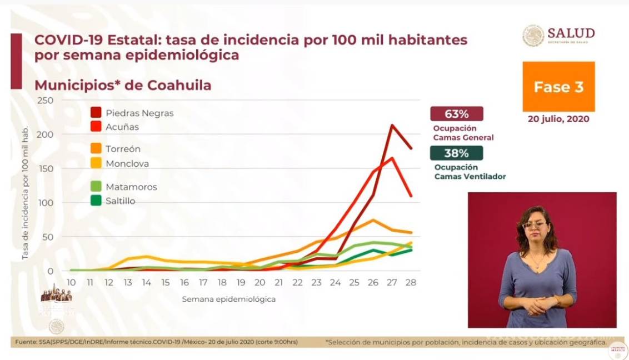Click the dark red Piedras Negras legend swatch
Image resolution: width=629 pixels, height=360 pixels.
(x=96, y=113)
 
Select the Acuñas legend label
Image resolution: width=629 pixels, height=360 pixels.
(x=122, y=127)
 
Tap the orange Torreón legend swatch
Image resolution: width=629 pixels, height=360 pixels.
(x=96, y=149)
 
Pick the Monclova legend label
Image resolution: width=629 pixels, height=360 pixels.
(x=127, y=163)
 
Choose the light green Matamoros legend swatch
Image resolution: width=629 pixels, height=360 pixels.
(x=96, y=187)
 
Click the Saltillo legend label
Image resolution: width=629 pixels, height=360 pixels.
(x=121, y=201)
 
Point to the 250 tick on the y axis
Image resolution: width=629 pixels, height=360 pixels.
(x=46, y=101)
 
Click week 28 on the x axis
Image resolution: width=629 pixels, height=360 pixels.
(x=411, y=282)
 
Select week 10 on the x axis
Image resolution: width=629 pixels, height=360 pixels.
(x=71, y=282)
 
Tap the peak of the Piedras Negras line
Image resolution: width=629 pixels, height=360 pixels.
(x=392, y=125)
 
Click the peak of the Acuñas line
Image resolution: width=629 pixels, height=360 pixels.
(x=392, y=158)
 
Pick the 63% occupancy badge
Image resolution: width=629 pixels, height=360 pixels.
(x=456, y=114)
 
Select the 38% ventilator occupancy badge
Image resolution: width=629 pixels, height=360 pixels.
(x=456, y=153)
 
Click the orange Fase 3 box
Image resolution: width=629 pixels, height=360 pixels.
(x=558, y=87)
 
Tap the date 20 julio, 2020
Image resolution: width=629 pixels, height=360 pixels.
(x=558, y=119)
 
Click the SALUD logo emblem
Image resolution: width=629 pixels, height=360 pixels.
(x=533, y=36)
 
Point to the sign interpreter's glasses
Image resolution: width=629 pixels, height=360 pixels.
(x=535, y=225)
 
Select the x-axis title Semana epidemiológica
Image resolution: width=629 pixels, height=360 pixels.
(x=228, y=299)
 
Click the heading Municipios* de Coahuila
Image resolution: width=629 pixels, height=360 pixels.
(x=123, y=86)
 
